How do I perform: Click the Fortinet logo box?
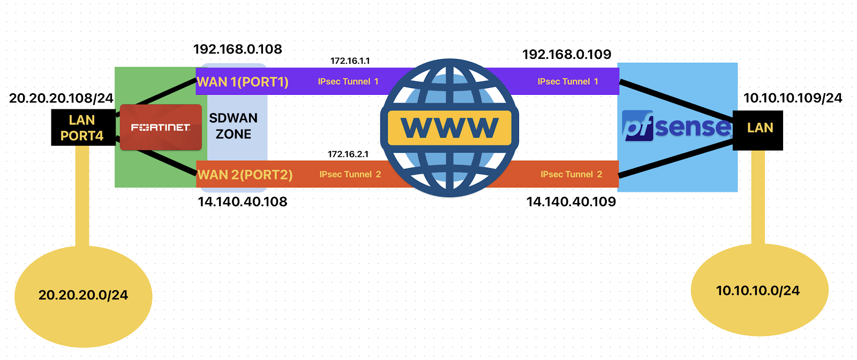[x=161, y=127]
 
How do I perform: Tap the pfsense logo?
[x=676, y=126]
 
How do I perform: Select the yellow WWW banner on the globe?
[x=449, y=127]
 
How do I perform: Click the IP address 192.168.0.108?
[x=237, y=49]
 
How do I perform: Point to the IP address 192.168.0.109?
[x=567, y=54]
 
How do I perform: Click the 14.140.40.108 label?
[x=243, y=202]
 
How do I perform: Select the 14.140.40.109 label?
[x=571, y=202]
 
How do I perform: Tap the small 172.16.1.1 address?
[x=350, y=61]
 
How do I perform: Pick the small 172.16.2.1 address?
[x=348, y=154]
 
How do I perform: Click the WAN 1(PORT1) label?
[x=243, y=82]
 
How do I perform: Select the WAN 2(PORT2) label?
[x=245, y=175]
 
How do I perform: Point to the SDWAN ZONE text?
[x=233, y=126]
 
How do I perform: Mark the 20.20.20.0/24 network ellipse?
[x=83, y=296]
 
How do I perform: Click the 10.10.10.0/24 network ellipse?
[x=758, y=290]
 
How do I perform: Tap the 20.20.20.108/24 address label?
[x=61, y=98]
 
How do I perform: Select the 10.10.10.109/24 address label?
[x=793, y=98]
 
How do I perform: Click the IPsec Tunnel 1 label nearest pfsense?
[x=568, y=81]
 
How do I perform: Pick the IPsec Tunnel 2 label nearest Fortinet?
[x=350, y=175]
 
